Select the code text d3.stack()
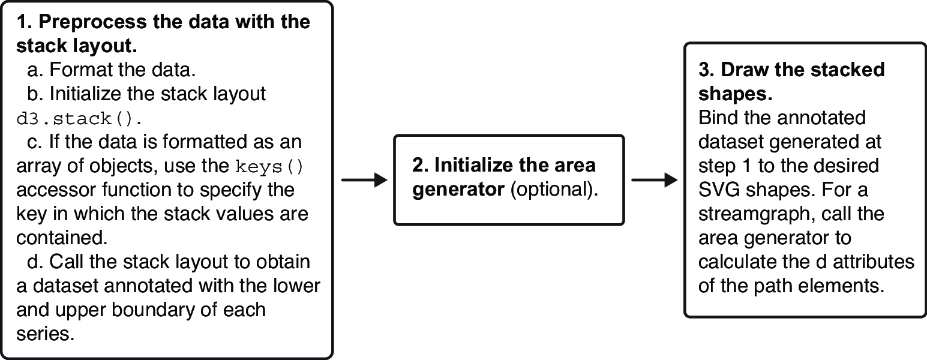click(x=79, y=119)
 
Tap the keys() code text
click(x=269, y=167)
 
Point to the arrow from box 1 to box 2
click(x=364, y=180)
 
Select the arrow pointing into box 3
click(x=654, y=180)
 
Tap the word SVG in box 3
click(x=715, y=190)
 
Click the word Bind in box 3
click(x=715, y=118)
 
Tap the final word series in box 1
click(x=46, y=334)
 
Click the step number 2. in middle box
click(x=420, y=166)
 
